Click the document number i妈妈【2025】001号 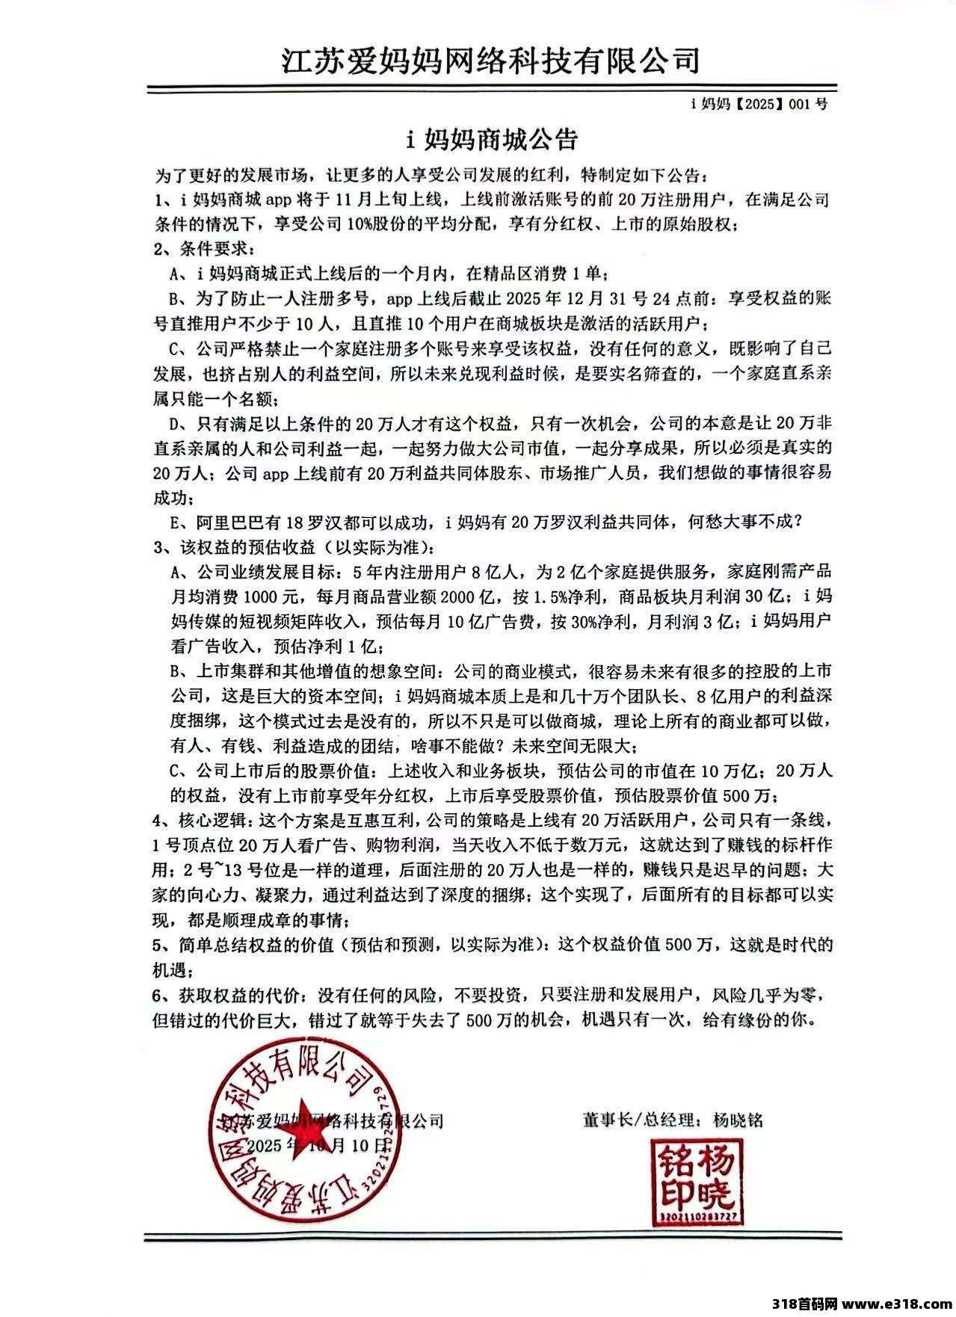758,105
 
